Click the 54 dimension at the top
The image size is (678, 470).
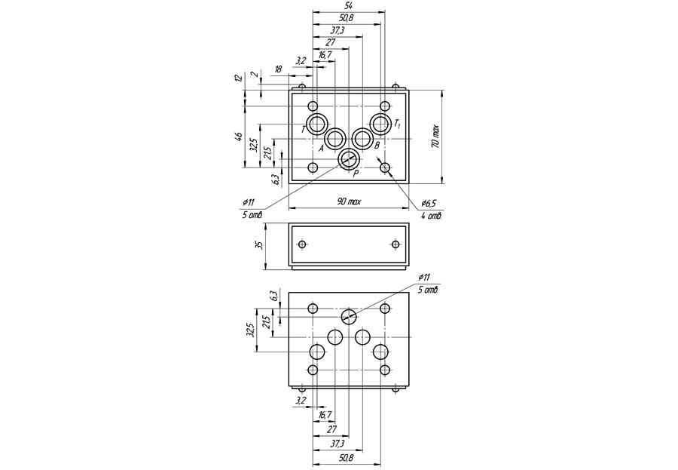coord(347,6)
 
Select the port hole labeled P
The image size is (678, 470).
coord(348,158)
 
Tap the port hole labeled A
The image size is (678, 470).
coord(335,139)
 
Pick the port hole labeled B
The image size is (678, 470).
coord(363,139)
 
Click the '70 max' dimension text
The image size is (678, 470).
coord(435,137)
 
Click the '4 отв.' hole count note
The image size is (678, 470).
coord(430,216)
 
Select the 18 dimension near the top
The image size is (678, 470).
coord(278,69)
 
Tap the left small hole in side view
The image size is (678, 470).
coord(302,244)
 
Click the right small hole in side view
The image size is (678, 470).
coord(395,244)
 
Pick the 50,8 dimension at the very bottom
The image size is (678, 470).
coord(347,457)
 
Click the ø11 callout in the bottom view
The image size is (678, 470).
coord(423,278)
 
